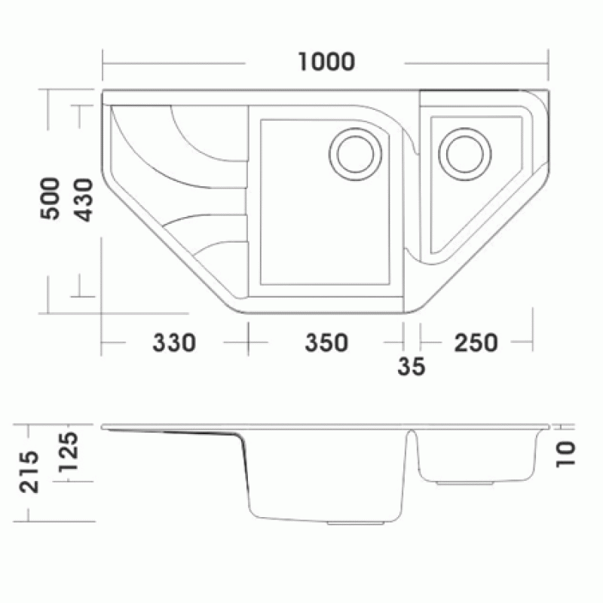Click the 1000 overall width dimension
coord(326,62)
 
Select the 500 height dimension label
coord(51,198)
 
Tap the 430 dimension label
coord(84,200)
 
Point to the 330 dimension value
coord(174,343)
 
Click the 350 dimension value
coord(326,343)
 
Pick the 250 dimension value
coord(476,343)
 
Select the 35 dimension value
coord(412,366)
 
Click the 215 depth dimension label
coord(29,472)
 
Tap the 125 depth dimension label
coord(69,452)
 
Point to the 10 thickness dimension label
coord(566,455)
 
